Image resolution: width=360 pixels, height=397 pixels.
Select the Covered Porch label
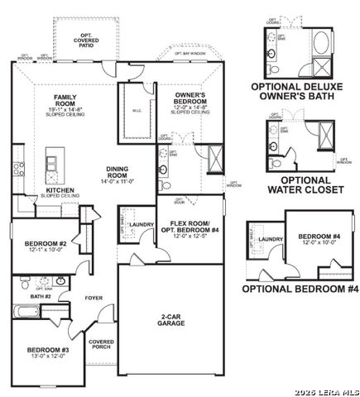[101, 345]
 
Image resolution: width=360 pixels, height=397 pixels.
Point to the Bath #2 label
[41, 296]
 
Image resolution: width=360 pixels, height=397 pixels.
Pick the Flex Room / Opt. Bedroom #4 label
[190, 228]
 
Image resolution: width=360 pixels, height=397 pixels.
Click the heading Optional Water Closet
[305, 184]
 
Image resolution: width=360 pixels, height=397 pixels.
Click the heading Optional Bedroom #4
[300, 289]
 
